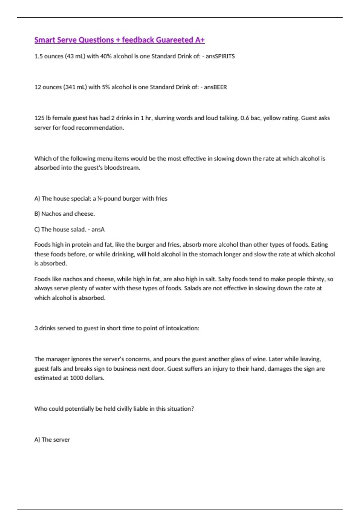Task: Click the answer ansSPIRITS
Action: pos(220,56)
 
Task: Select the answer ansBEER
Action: pos(215,87)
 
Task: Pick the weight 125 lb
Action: pos(43,118)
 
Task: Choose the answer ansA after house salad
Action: pos(98,229)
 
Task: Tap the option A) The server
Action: pos(52,440)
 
